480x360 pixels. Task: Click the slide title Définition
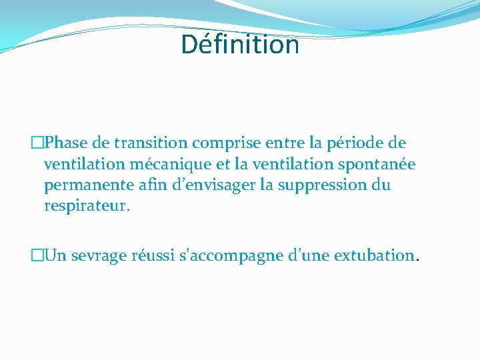click(x=240, y=45)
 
